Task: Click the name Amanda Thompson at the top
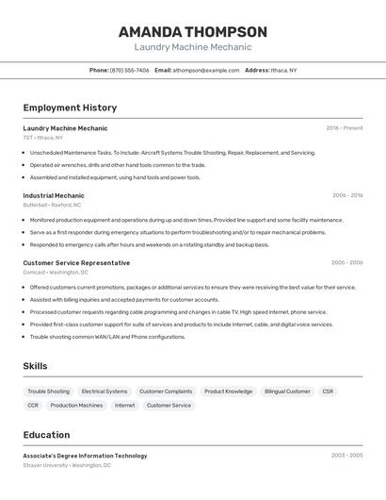pyautogui.click(x=192, y=31)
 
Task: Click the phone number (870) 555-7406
pyautogui.click(x=129, y=70)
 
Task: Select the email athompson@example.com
pyautogui.click(x=206, y=70)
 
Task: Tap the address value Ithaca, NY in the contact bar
pyautogui.click(x=283, y=70)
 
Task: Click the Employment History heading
pyautogui.click(x=70, y=108)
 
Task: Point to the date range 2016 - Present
pyautogui.click(x=345, y=128)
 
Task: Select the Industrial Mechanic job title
pyautogui.click(x=54, y=195)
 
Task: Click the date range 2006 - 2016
pyautogui.click(x=347, y=195)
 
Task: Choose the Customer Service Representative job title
pyautogui.click(x=76, y=263)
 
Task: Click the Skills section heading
pyautogui.click(x=35, y=366)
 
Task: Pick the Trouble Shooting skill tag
pyautogui.click(x=48, y=392)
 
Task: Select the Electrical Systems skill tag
pyautogui.click(x=105, y=392)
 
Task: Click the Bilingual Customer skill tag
pyautogui.click(x=287, y=392)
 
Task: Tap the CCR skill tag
pyautogui.click(x=33, y=406)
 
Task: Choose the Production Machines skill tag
pyautogui.click(x=76, y=406)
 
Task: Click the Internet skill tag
pyautogui.click(x=124, y=406)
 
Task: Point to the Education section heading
pyautogui.click(x=46, y=435)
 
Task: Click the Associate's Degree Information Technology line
pyautogui.click(x=85, y=456)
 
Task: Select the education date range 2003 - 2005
pyautogui.click(x=346, y=456)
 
